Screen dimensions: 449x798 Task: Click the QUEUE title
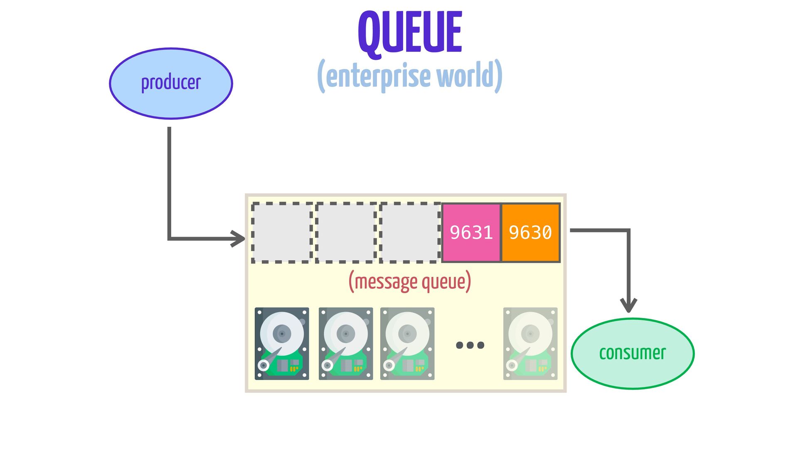(x=410, y=32)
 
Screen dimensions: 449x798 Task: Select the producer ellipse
(x=171, y=83)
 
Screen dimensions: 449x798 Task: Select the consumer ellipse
(x=632, y=353)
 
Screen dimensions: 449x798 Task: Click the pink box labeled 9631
(x=471, y=232)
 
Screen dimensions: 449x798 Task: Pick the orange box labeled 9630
(x=531, y=232)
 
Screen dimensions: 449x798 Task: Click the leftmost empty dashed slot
(x=282, y=232)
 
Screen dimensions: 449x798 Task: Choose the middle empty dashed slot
(x=346, y=232)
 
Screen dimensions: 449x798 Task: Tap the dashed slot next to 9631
(x=410, y=232)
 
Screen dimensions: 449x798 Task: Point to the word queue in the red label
(x=444, y=282)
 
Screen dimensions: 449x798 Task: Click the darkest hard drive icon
(x=282, y=343)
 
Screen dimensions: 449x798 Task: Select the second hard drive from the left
(x=346, y=343)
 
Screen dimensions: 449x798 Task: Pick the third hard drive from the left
(x=407, y=343)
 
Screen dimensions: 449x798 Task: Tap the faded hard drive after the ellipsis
(x=530, y=343)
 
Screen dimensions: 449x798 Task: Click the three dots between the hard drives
(x=470, y=345)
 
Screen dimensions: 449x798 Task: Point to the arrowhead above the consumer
(x=628, y=306)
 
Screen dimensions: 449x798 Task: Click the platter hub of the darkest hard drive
(x=282, y=334)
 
